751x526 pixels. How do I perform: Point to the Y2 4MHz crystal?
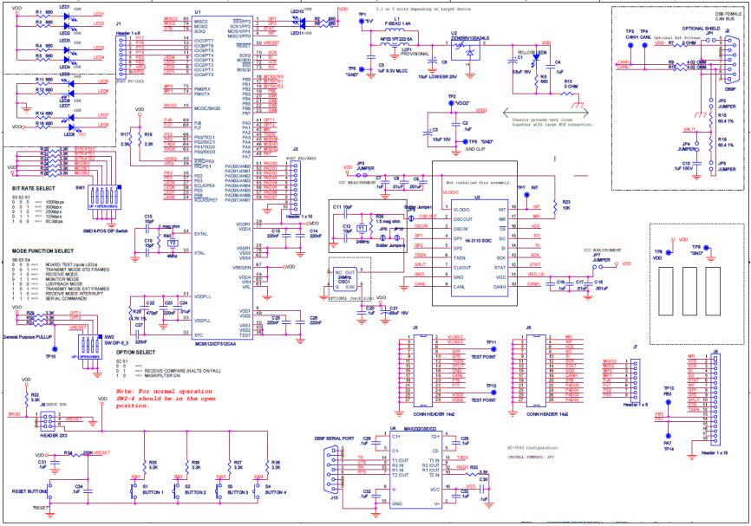173,244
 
